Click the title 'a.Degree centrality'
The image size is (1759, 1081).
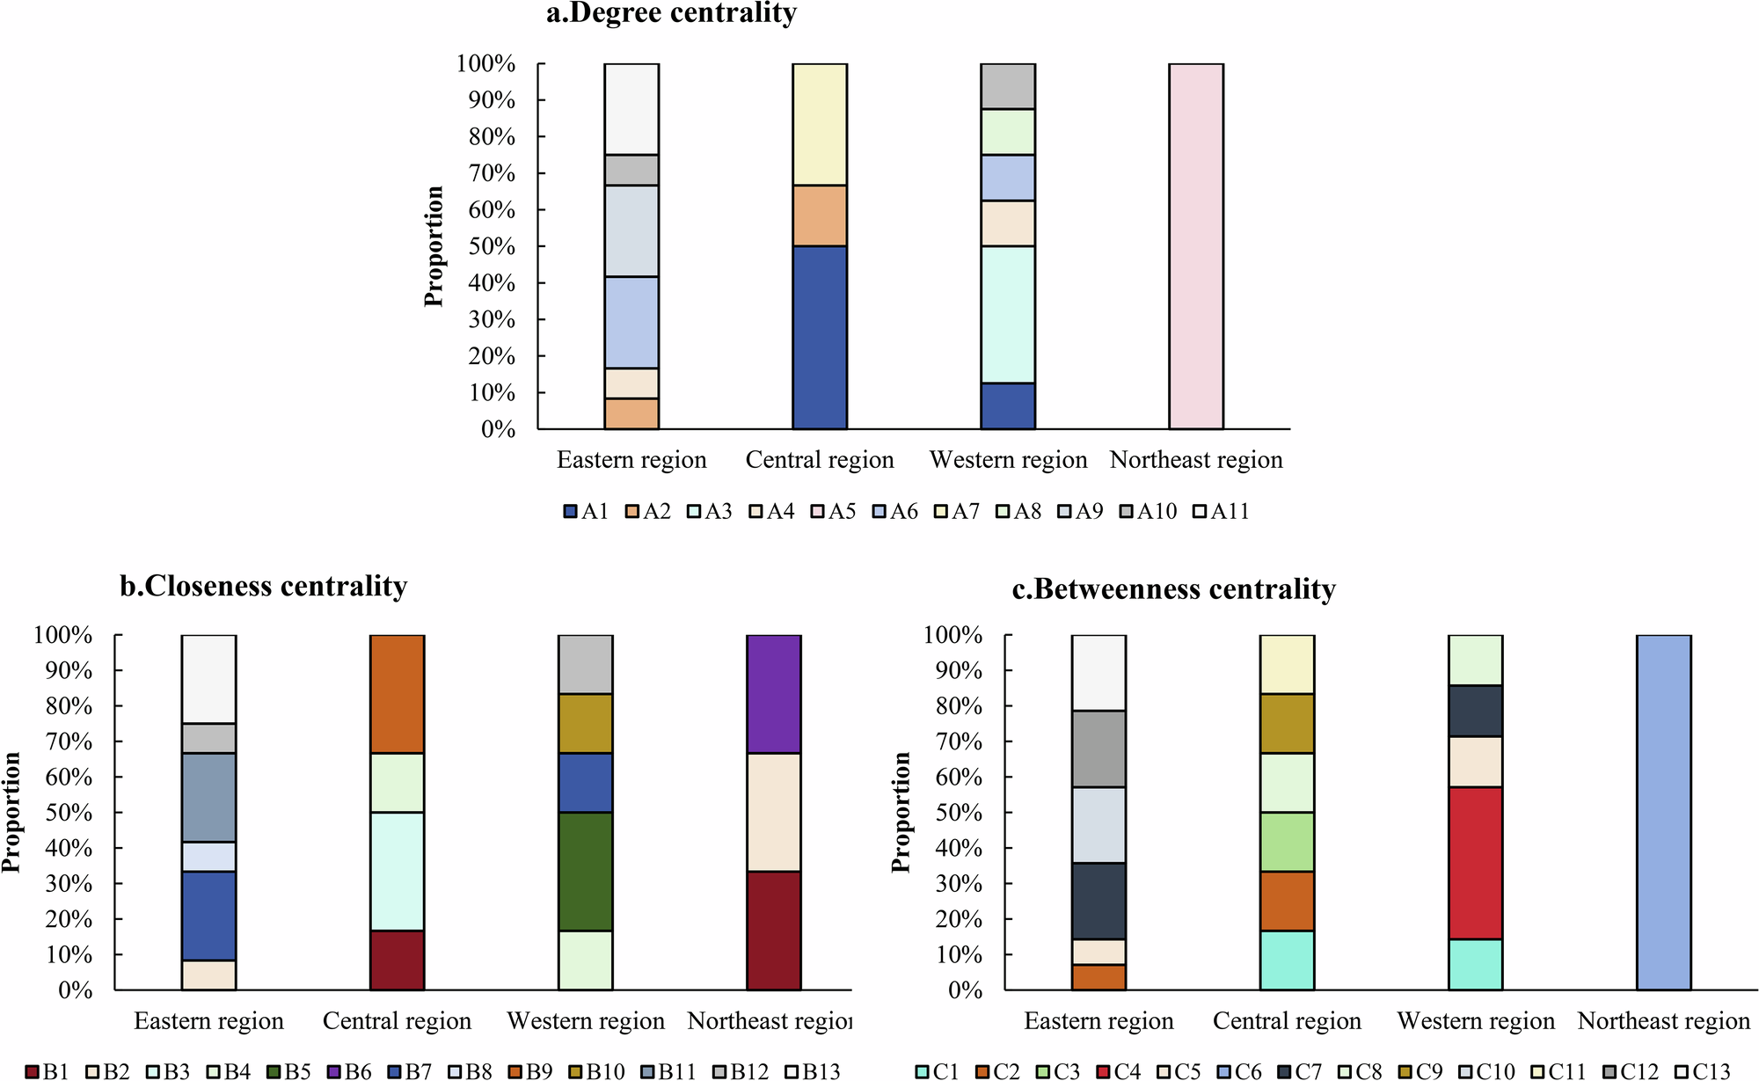[x=671, y=13]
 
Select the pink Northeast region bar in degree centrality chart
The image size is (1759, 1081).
[x=1195, y=246]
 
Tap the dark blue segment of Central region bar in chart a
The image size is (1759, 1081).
[x=819, y=338]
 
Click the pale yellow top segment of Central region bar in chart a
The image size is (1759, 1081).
[x=819, y=124]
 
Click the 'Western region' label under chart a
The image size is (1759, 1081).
[x=1008, y=460]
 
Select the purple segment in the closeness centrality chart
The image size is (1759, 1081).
[x=773, y=693]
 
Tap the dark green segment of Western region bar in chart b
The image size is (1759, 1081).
[x=585, y=871]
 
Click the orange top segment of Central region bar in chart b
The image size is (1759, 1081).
[x=397, y=693]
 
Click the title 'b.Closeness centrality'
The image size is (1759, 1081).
[x=263, y=586]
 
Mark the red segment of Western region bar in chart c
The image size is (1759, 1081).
[x=1475, y=863]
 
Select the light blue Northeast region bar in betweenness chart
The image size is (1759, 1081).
[x=1663, y=812]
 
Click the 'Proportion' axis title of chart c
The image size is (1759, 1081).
[x=901, y=812]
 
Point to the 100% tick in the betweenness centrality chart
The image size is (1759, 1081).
[x=952, y=635]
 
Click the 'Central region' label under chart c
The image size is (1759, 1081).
[x=1287, y=1021]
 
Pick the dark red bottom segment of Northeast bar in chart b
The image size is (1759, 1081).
[x=773, y=931]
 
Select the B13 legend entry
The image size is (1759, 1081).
[x=812, y=1071]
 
